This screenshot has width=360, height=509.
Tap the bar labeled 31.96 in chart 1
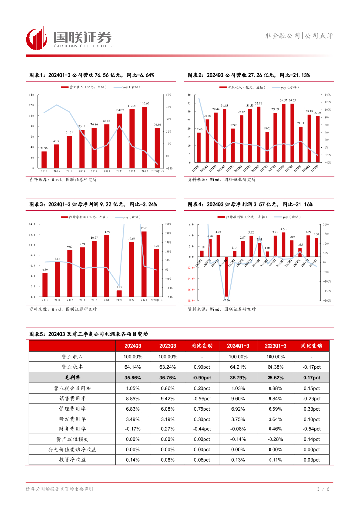click(x=44, y=160)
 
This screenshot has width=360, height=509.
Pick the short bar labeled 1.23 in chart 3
click(x=119, y=294)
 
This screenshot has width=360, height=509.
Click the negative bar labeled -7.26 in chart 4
click(x=226, y=276)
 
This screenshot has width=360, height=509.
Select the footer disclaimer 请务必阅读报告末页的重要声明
click(x=60, y=489)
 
